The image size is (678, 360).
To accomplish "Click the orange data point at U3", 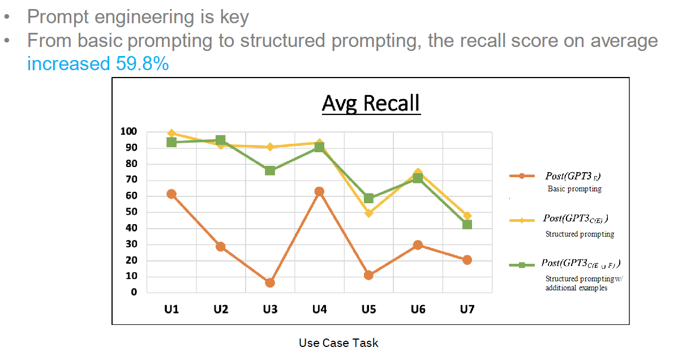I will coord(270,282).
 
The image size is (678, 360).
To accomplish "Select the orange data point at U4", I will coord(319,191).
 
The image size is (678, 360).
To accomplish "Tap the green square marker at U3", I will coord(270,170).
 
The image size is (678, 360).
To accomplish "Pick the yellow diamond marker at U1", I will coord(171,134).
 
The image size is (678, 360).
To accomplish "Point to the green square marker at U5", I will coord(369,198).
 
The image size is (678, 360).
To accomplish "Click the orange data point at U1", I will coord(171,194).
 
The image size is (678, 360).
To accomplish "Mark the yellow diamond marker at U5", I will coord(369,213).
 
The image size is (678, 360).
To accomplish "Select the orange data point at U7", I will coord(467,260).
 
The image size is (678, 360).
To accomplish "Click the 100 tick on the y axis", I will coord(128,131).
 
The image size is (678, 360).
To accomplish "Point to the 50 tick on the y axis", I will coord(131,212).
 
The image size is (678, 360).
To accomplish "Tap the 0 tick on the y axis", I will coord(134,292).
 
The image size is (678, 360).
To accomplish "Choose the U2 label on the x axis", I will coord(221,310).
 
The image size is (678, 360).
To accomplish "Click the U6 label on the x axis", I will coord(418,310).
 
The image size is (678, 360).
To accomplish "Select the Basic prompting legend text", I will coord(574,189).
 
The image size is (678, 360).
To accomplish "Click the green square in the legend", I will coord(522,265).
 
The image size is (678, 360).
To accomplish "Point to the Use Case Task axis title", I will coord(338,343).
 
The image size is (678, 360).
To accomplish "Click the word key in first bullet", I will coord(234,17).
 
